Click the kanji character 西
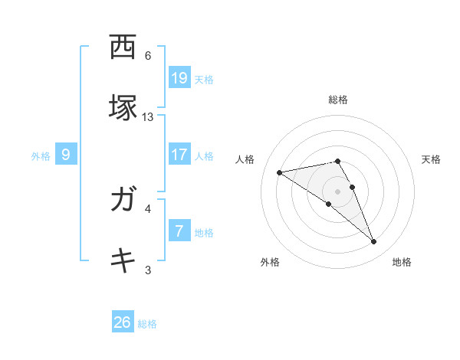(x=123, y=48)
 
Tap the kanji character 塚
(x=123, y=107)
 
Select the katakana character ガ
(x=123, y=200)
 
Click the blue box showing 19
(x=179, y=78)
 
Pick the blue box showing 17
(x=179, y=155)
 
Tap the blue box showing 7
(x=179, y=231)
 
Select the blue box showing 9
(x=66, y=155)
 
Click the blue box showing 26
(x=123, y=322)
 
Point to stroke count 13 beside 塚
(x=148, y=117)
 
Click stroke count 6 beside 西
(x=148, y=56)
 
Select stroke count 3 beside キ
(x=148, y=269)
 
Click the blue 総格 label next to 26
(x=147, y=324)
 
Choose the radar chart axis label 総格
(x=338, y=100)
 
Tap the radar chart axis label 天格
(x=432, y=159)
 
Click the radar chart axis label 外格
(x=270, y=263)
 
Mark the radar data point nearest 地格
(x=374, y=242)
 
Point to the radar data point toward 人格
(x=280, y=172)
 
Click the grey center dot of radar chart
(x=338, y=191)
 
